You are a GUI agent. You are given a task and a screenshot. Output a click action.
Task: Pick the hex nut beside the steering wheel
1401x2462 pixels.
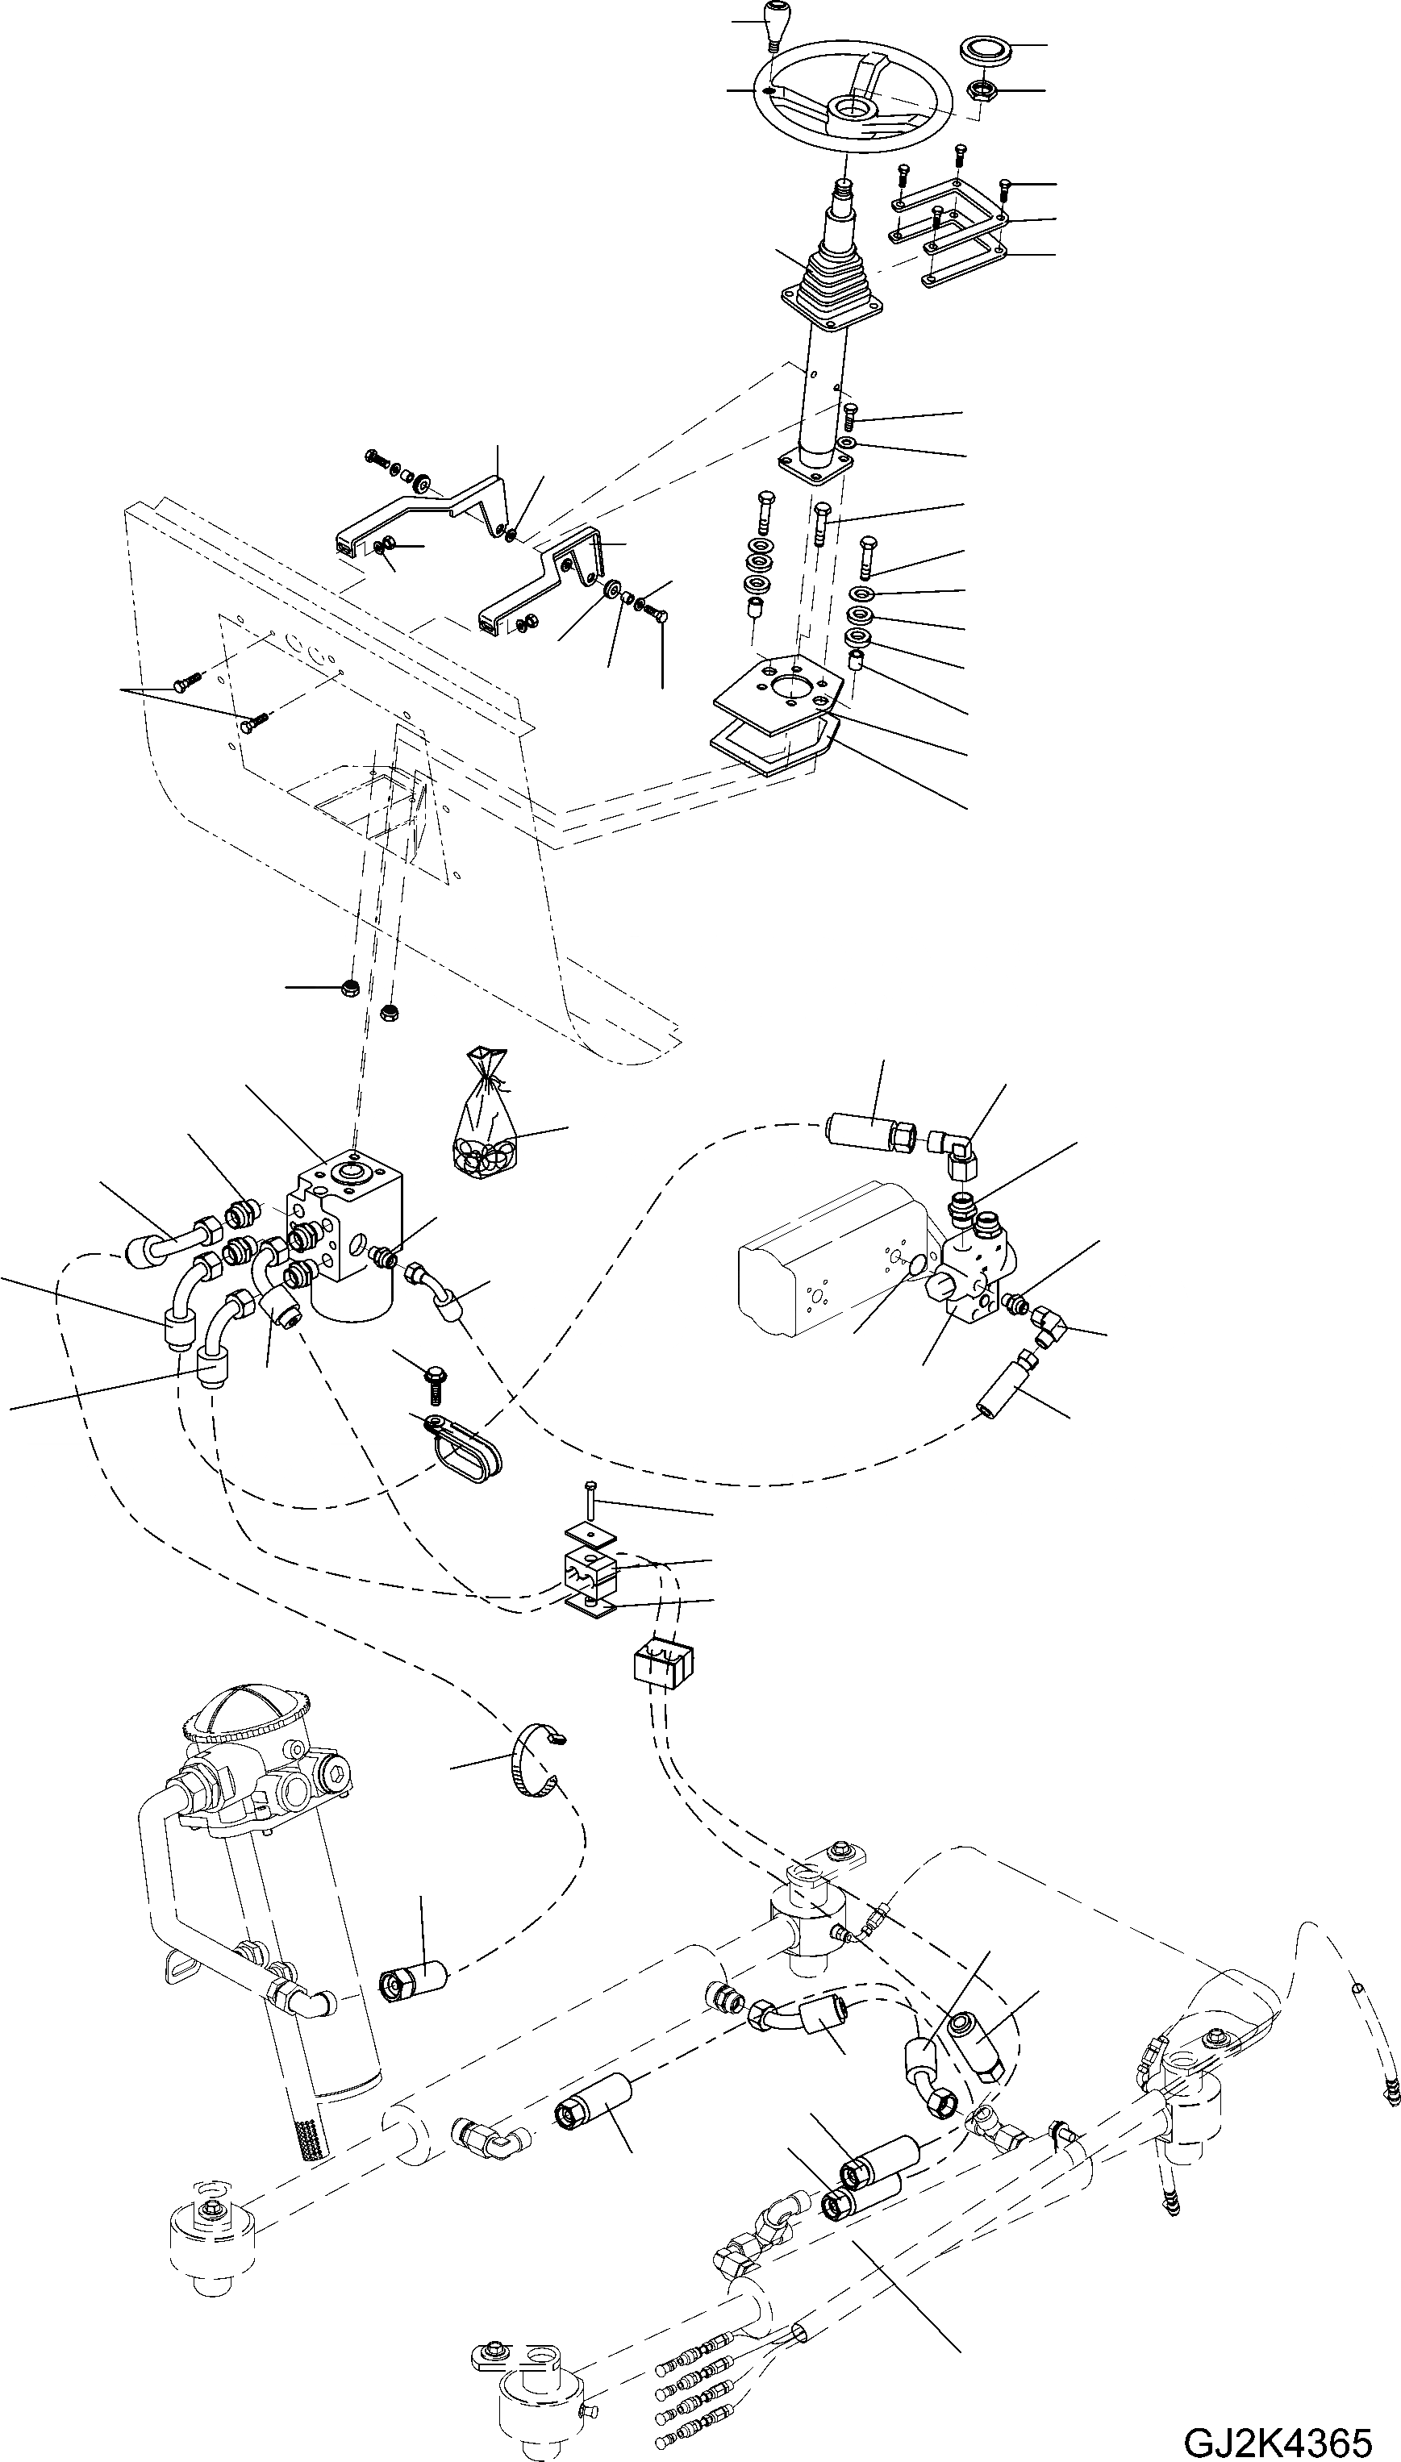(981, 91)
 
